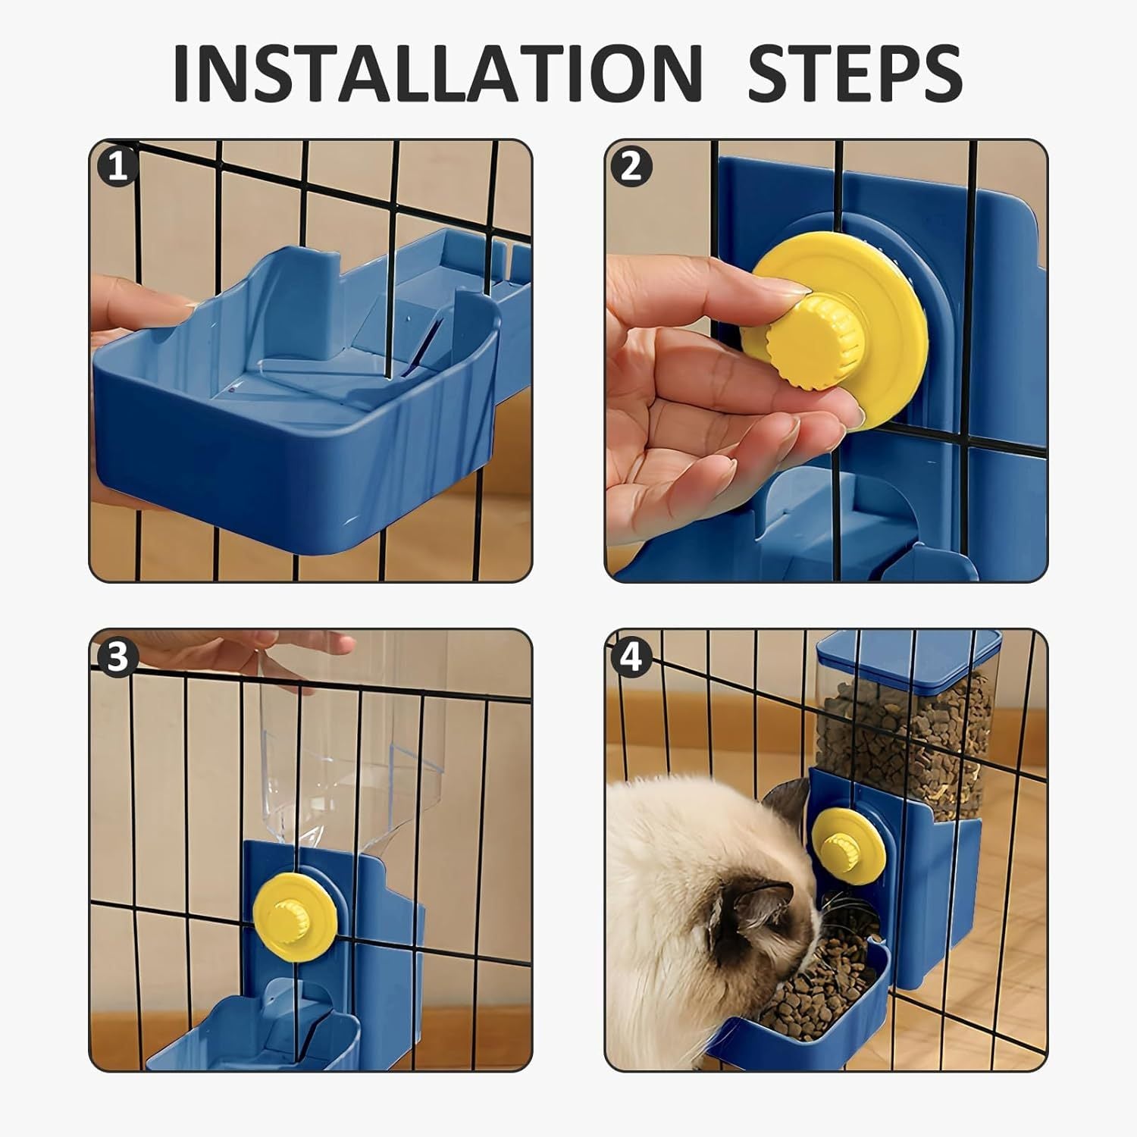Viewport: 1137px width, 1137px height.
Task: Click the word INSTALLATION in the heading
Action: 437,74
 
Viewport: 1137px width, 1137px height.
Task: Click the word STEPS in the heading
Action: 854,74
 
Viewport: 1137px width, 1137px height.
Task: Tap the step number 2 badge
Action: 631,168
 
